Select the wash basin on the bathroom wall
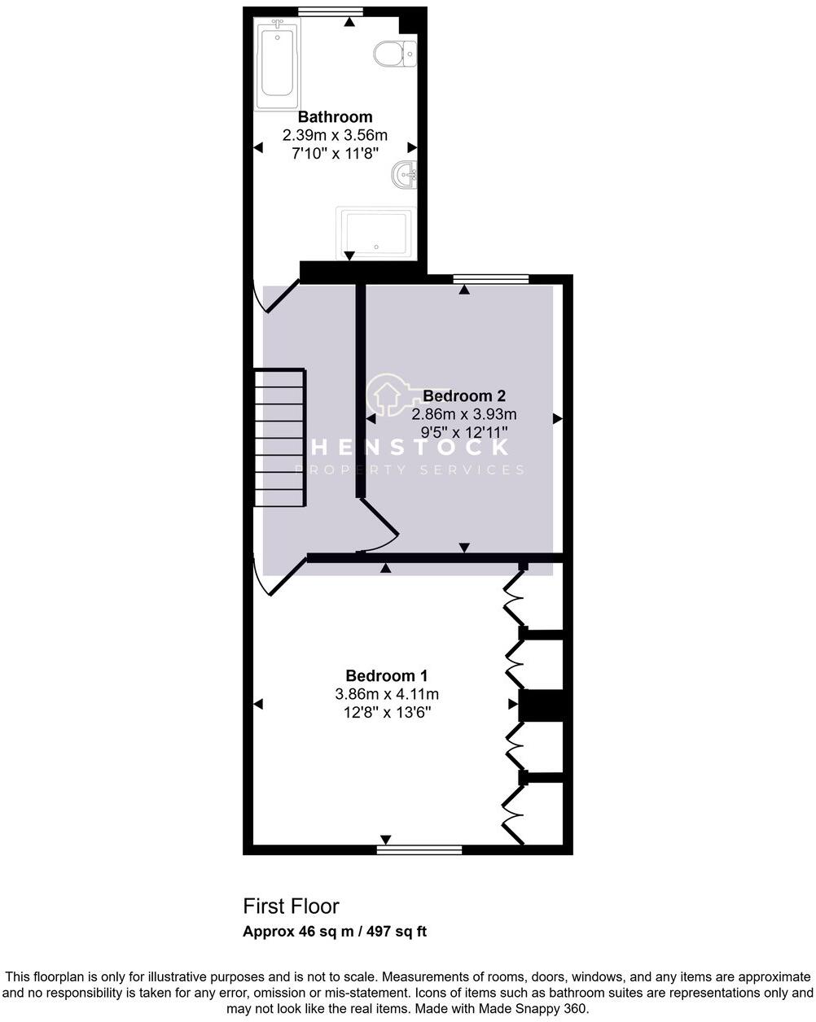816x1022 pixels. pos(405,174)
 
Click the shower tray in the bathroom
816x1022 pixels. pos(375,232)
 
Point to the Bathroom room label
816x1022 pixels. pos(335,117)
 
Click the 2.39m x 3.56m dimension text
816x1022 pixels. pos(335,134)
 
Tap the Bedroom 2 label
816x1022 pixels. pos(464,396)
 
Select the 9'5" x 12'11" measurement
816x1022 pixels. pos(464,432)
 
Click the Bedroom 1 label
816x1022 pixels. pos(387,675)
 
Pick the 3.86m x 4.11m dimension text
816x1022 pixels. pos(387,694)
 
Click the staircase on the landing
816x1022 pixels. pos(279,437)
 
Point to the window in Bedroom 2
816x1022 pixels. pos(491,279)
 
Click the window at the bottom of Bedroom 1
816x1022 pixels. pos(419,849)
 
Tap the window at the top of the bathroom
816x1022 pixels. pos(330,11)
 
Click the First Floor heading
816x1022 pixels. pos(291,906)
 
